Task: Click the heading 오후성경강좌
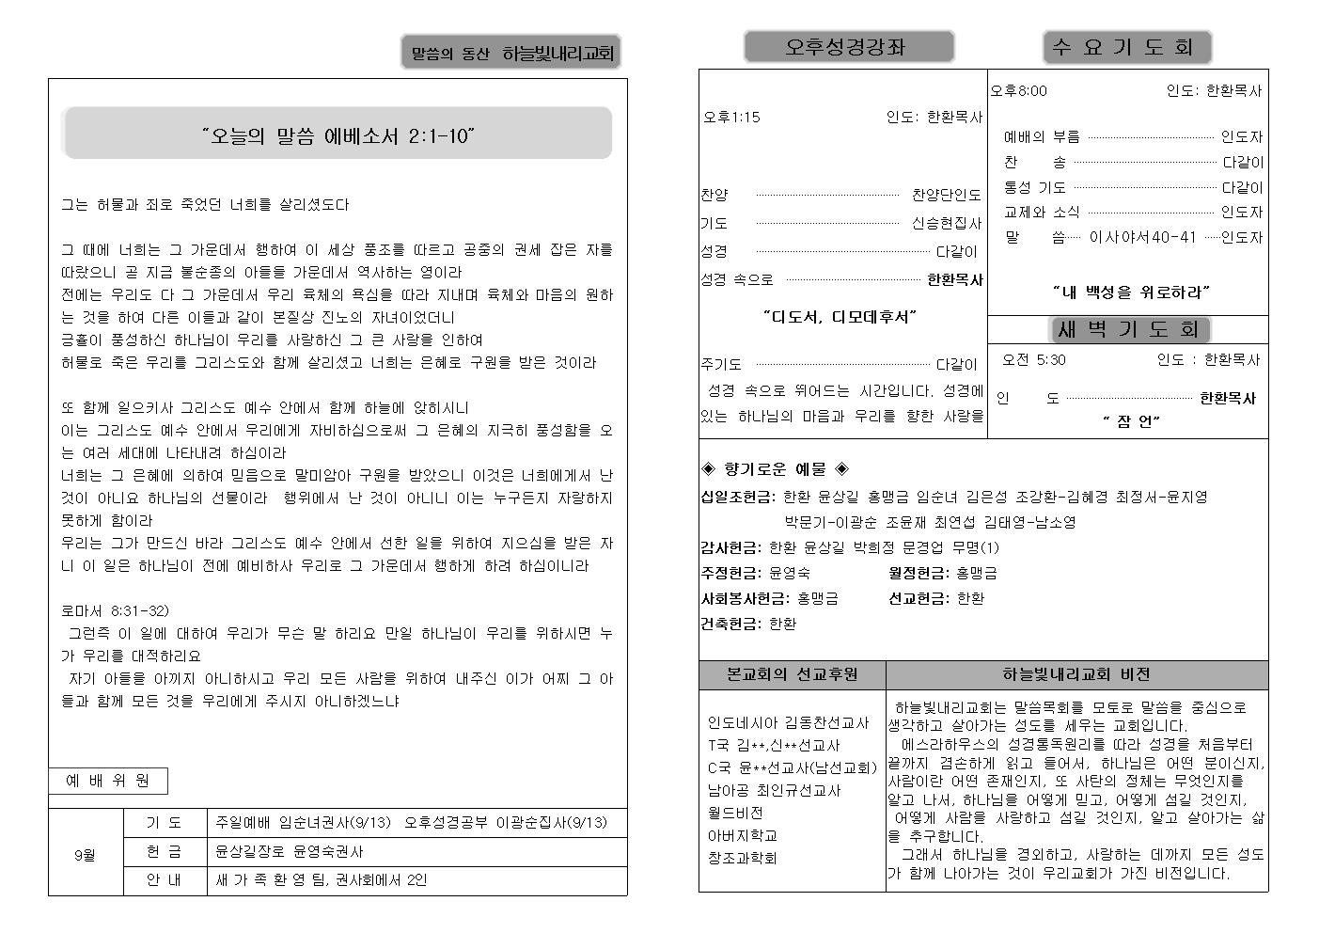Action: [848, 47]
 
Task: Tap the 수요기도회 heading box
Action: [1126, 47]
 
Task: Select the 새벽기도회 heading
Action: [1128, 329]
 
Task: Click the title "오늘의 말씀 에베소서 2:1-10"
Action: [338, 136]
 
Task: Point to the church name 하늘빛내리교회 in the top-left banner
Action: [557, 55]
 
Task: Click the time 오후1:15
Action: [731, 118]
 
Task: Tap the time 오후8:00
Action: [1018, 91]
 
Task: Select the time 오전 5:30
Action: [1033, 360]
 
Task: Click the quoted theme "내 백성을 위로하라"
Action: [1131, 293]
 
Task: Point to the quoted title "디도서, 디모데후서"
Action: [840, 317]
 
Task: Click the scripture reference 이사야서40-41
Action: [1142, 237]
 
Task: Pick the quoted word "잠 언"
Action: [1131, 421]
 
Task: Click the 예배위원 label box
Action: [108, 781]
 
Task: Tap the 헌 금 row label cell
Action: [165, 851]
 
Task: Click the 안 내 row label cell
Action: [165, 880]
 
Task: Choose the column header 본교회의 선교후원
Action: [792, 674]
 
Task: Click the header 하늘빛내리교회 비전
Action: [1076, 674]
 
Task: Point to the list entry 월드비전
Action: [735, 813]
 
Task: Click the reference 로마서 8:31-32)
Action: [115, 610]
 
